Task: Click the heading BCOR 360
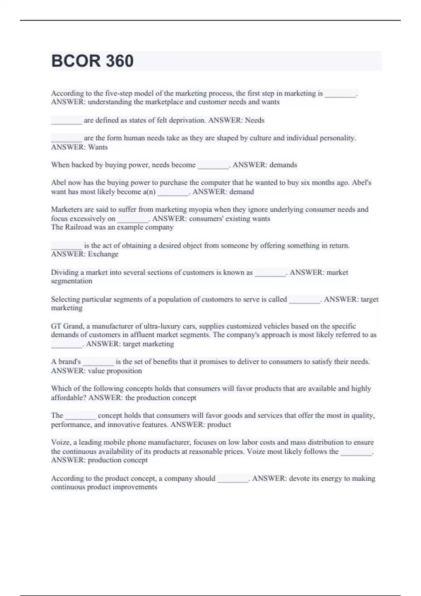coord(92,61)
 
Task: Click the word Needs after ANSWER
coord(255,120)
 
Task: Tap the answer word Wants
coord(98,147)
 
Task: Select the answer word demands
coord(283,165)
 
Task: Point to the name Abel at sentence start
coord(58,183)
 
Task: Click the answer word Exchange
coord(103,254)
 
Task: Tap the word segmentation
coord(72,281)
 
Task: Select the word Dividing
coord(65,272)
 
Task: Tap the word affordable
coord(68,398)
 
